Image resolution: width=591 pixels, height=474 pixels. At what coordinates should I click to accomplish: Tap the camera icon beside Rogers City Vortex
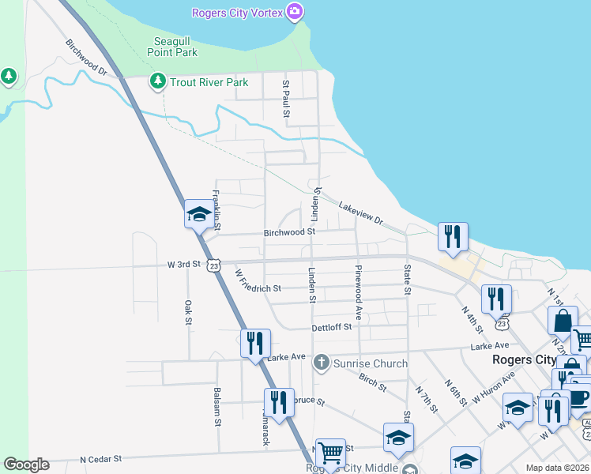(x=295, y=11)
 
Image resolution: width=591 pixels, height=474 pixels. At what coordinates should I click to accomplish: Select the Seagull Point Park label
(x=172, y=47)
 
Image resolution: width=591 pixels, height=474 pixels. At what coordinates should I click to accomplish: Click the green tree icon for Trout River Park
(x=158, y=81)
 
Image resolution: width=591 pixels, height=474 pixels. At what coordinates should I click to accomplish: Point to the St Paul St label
(x=287, y=99)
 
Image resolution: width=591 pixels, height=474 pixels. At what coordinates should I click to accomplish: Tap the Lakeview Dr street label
(x=360, y=213)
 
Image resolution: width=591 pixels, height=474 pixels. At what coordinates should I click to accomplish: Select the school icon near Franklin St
(x=198, y=213)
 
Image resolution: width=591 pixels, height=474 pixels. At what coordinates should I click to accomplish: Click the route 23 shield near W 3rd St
(x=214, y=266)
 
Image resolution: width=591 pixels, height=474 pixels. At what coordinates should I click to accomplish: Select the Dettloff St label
(x=331, y=326)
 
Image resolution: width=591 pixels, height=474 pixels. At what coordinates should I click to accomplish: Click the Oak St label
(x=188, y=311)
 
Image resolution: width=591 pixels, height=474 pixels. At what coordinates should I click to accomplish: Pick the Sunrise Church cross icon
(x=321, y=363)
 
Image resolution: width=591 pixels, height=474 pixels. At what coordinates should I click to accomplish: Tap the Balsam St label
(x=217, y=406)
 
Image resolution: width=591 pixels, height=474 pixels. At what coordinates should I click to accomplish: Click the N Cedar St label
(x=101, y=458)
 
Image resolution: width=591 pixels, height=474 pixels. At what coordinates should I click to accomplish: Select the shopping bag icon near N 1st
(x=562, y=321)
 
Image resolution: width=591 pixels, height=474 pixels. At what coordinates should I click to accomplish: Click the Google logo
(x=26, y=465)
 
